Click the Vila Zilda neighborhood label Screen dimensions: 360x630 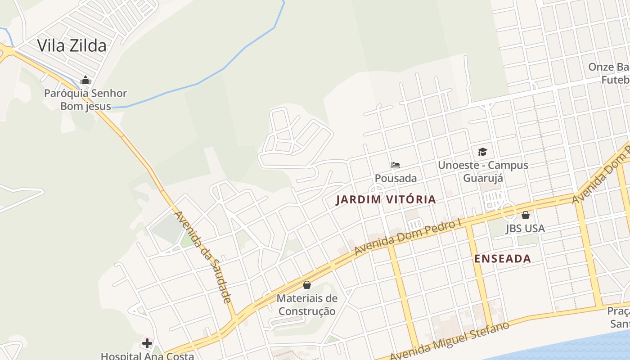[x=72, y=45]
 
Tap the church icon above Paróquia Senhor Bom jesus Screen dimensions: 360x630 [x=85, y=81]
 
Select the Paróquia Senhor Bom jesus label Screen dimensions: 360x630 [x=85, y=100]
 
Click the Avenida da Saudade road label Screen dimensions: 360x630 [x=202, y=256]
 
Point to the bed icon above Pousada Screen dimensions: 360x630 [x=396, y=165]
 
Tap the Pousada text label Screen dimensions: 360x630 [x=396, y=178]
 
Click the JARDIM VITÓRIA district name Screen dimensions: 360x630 [x=386, y=199]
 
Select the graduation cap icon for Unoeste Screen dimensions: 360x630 [x=482, y=152]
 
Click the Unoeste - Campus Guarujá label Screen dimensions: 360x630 [x=483, y=171]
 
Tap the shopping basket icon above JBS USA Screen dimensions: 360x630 [x=525, y=215]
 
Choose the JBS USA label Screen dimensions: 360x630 [x=525, y=228]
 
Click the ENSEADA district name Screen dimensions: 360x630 [x=503, y=259]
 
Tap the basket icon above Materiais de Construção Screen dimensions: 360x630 [x=307, y=285]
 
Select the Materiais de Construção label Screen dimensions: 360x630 [x=307, y=305]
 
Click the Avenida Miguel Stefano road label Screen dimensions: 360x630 [x=450, y=340]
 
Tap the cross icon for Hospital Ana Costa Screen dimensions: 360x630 [x=147, y=344]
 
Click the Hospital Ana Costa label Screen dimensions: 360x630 [x=147, y=356]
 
